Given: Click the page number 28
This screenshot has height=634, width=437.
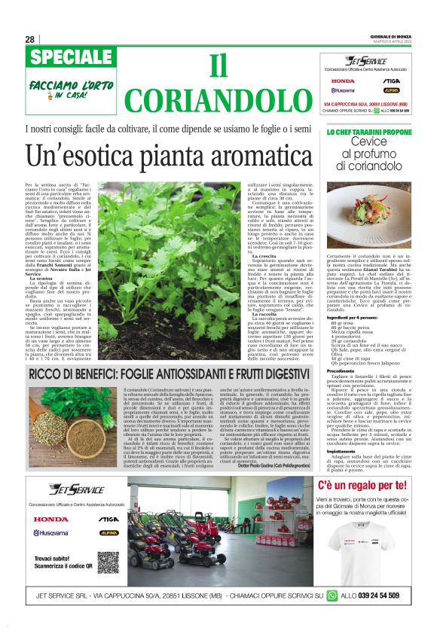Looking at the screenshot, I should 29,39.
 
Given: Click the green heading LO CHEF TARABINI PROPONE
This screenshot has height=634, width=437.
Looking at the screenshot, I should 369,133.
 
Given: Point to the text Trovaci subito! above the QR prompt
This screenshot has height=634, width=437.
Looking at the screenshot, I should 54,557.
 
